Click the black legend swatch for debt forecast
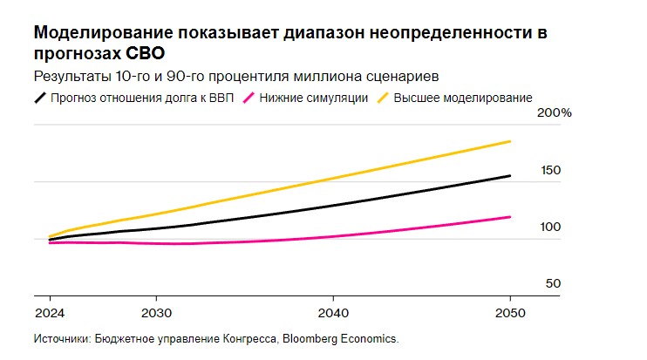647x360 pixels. tap(40, 97)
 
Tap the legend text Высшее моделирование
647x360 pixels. tap(463, 97)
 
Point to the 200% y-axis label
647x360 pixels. tap(554, 114)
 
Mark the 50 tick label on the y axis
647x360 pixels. tap(553, 284)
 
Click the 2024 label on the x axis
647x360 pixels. tap(48, 313)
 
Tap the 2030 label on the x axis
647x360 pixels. tap(155, 313)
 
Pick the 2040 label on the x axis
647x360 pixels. tap(332, 313)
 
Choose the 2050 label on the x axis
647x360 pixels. tap(509, 313)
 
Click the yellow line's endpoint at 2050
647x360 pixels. tap(510, 141)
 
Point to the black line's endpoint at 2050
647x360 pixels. tap(510, 176)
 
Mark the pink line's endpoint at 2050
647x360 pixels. tap(510, 217)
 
